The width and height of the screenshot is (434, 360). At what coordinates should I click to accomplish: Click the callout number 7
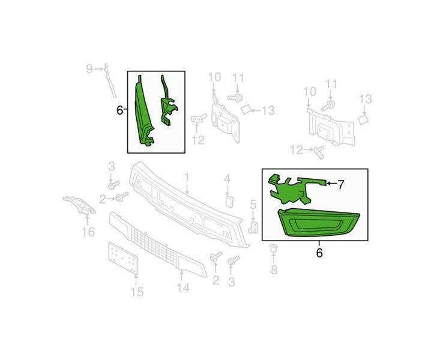pyautogui.click(x=341, y=185)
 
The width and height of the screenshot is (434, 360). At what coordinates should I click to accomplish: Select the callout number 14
pyautogui.click(x=183, y=288)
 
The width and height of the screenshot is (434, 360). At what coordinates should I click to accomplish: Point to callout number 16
pyautogui.click(x=88, y=232)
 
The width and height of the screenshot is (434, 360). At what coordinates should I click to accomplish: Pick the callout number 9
pyautogui.click(x=89, y=69)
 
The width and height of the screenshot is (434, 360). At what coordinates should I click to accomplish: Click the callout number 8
pyautogui.click(x=274, y=269)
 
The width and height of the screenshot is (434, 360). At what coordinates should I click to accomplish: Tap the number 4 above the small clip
pyautogui.click(x=227, y=179)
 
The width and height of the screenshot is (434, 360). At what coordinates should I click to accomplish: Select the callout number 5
pyautogui.click(x=253, y=205)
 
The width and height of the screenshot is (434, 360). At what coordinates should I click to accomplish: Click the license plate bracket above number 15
pyautogui.click(x=123, y=258)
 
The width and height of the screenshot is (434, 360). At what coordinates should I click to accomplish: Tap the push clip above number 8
pyautogui.click(x=274, y=249)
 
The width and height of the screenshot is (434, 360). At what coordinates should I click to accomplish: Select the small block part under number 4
pyautogui.click(x=229, y=202)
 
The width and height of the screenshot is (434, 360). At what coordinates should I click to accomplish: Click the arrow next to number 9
pyautogui.click(x=98, y=68)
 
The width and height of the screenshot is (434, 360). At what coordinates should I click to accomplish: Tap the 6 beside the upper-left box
pyautogui.click(x=119, y=110)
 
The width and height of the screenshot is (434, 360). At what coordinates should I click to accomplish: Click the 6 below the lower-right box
pyautogui.click(x=319, y=253)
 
